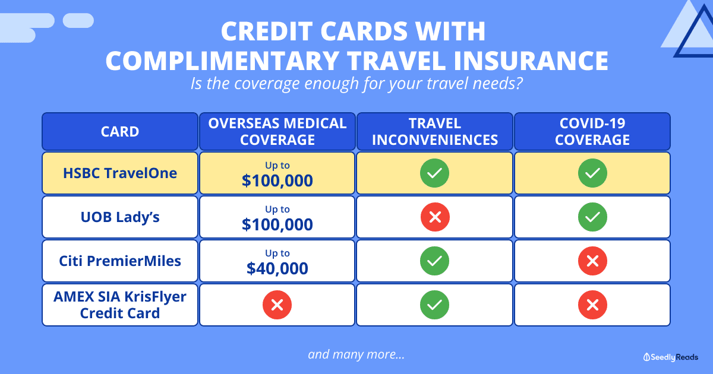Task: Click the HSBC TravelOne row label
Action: [x=120, y=173]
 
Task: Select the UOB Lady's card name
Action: [x=120, y=217]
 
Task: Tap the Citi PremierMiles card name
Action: [x=120, y=261]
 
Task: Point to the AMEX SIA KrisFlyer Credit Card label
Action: [x=120, y=305]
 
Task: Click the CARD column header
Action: [x=120, y=131]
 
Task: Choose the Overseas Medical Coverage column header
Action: [x=277, y=131]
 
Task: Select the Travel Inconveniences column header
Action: [x=435, y=131]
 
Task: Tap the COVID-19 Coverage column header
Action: [x=592, y=131]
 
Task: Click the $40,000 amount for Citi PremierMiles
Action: [x=277, y=268]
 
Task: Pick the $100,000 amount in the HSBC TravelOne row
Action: [x=277, y=180]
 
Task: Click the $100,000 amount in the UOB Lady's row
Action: [x=277, y=224]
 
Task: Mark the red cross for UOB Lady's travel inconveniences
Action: [x=435, y=217]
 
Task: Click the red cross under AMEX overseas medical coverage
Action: [x=277, y=305]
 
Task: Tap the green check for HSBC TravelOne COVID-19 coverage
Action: [x=592, y=173]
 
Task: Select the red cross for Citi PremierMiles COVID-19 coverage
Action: [x=592, y=261]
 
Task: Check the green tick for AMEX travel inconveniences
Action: [x=435, y=305]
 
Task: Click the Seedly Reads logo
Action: [x=671, y=357]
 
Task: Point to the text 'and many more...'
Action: [x=356, y=354]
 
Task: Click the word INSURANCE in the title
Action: [x=531, y=61]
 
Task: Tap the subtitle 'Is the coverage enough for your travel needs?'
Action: [x=356, y=83]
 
